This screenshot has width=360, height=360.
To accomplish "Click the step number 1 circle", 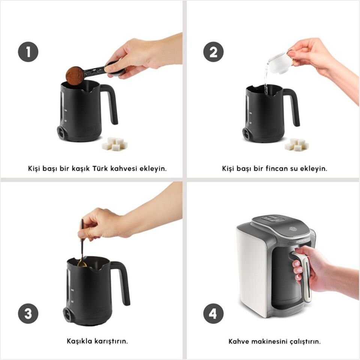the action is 28,52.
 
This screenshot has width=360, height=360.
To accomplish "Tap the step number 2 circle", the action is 213,52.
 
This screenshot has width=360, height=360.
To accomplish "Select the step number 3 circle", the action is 28,313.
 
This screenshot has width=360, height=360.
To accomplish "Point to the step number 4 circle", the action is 213,313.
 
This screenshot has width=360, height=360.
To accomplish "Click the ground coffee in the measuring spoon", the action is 75,74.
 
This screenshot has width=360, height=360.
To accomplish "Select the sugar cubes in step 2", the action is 297,144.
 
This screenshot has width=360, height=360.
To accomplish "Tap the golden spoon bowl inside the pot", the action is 82,263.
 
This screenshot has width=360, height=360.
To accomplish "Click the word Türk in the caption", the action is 100,168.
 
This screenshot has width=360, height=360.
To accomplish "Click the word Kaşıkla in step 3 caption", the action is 79,341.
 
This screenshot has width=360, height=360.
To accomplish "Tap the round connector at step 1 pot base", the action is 61,133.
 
